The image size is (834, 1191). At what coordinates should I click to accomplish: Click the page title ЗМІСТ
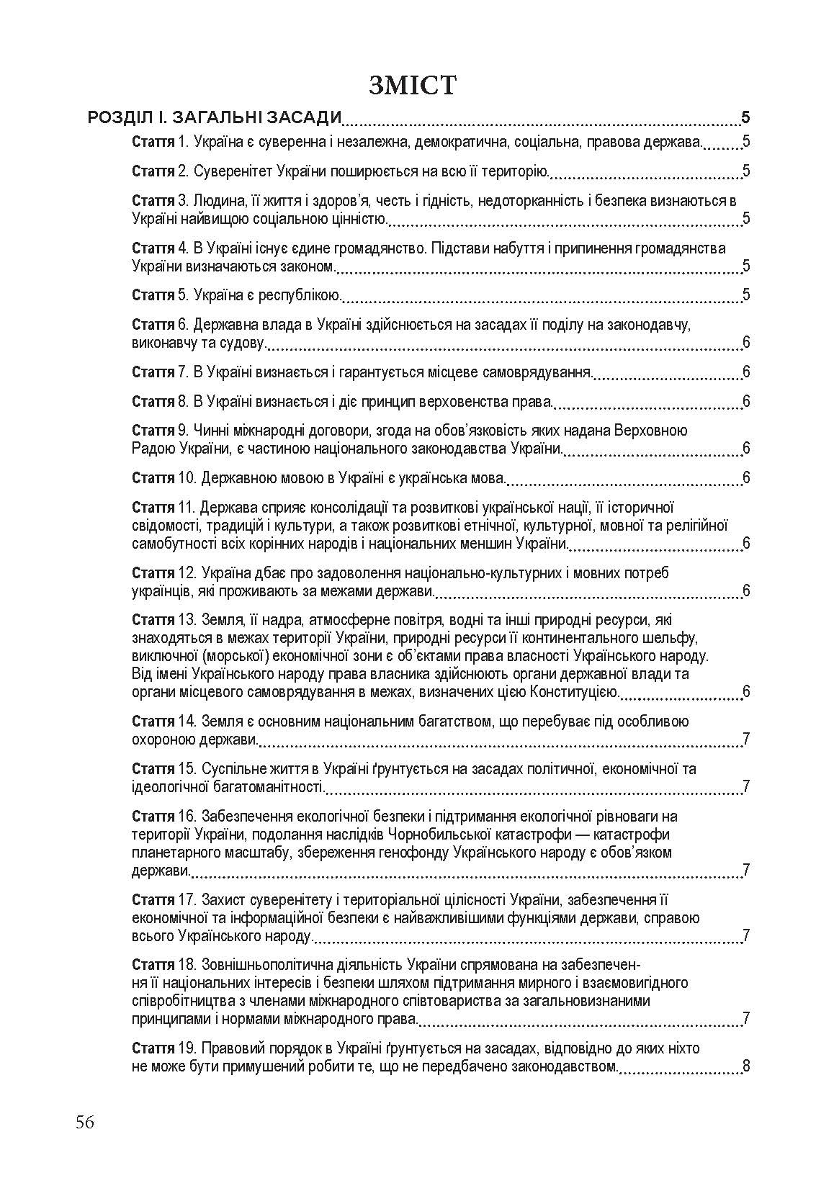[412, 84]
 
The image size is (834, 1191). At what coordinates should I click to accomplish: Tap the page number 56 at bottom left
[84, 1123]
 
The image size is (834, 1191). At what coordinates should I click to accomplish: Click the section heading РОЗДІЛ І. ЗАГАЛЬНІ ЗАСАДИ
[214, 118]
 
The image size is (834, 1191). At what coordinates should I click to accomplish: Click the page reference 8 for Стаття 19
[746, 1066]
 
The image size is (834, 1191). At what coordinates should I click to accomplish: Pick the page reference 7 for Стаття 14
[746, 740]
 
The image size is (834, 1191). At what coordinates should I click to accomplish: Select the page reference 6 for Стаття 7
[746, 372]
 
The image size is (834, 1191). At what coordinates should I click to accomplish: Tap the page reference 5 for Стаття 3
[746, 219]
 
